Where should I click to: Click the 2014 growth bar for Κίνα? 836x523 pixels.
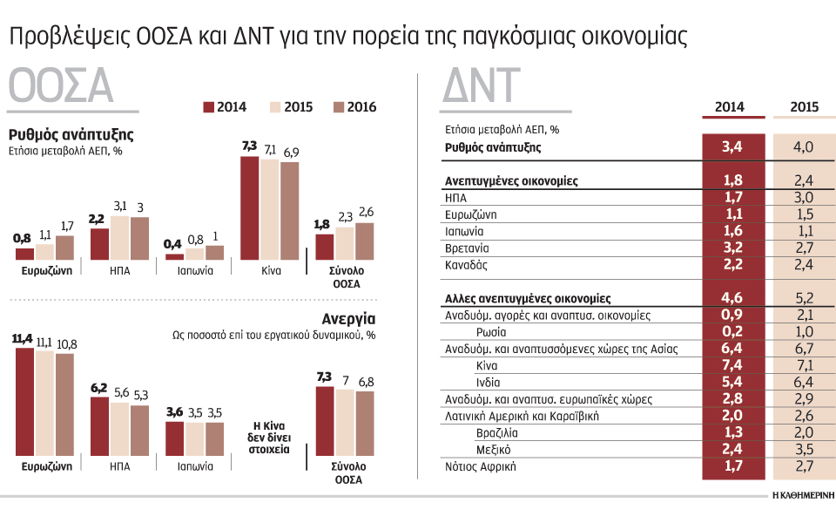249,207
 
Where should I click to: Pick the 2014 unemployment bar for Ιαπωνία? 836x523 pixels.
175,439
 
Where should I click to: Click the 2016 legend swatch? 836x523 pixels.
339,107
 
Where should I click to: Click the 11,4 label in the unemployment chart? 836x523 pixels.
24,338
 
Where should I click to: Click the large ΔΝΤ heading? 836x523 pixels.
481,88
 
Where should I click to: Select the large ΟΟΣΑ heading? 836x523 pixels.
61,88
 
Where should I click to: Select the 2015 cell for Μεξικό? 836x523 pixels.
804,449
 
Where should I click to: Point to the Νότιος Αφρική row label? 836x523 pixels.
481,466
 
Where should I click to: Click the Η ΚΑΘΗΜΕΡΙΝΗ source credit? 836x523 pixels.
802,493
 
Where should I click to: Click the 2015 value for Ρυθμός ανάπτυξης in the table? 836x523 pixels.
804,146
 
